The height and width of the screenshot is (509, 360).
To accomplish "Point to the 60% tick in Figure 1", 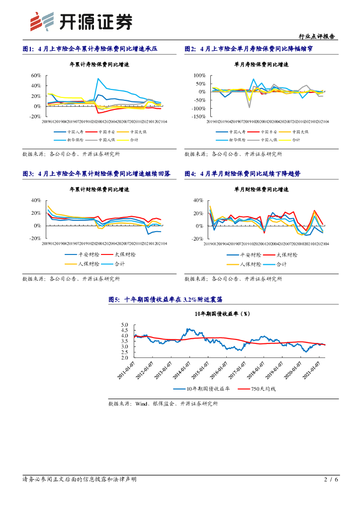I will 35,76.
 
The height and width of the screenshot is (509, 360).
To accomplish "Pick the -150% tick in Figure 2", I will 199,116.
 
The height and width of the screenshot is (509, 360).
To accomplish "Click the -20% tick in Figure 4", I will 198,239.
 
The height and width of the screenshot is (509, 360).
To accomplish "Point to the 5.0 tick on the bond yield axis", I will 124,325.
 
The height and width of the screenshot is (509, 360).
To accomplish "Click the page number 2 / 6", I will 331,480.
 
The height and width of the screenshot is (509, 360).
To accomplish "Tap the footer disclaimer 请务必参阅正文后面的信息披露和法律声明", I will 80,480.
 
